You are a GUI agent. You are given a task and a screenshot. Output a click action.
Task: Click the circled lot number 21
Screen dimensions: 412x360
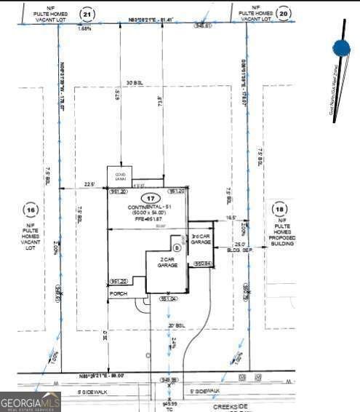[88, 14]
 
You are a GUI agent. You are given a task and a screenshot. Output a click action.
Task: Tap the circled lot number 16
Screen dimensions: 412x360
[31, 210]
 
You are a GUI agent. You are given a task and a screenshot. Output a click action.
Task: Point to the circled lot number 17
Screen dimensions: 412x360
[150, 198]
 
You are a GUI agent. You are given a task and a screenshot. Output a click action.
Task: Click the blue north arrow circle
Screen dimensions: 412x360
[341, 49]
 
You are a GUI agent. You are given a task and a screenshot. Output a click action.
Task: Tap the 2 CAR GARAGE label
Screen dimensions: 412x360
[162, 263]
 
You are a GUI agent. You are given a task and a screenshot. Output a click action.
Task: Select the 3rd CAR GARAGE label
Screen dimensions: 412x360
[201, 239]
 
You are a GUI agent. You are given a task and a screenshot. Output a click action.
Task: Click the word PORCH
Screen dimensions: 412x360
[118, 293]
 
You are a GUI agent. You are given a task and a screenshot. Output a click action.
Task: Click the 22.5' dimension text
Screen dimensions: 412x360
[90, 183]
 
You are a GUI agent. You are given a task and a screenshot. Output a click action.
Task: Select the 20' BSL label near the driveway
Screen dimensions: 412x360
[174, 325]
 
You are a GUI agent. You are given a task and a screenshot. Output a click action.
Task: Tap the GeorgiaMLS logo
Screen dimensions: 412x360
[30, 400]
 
